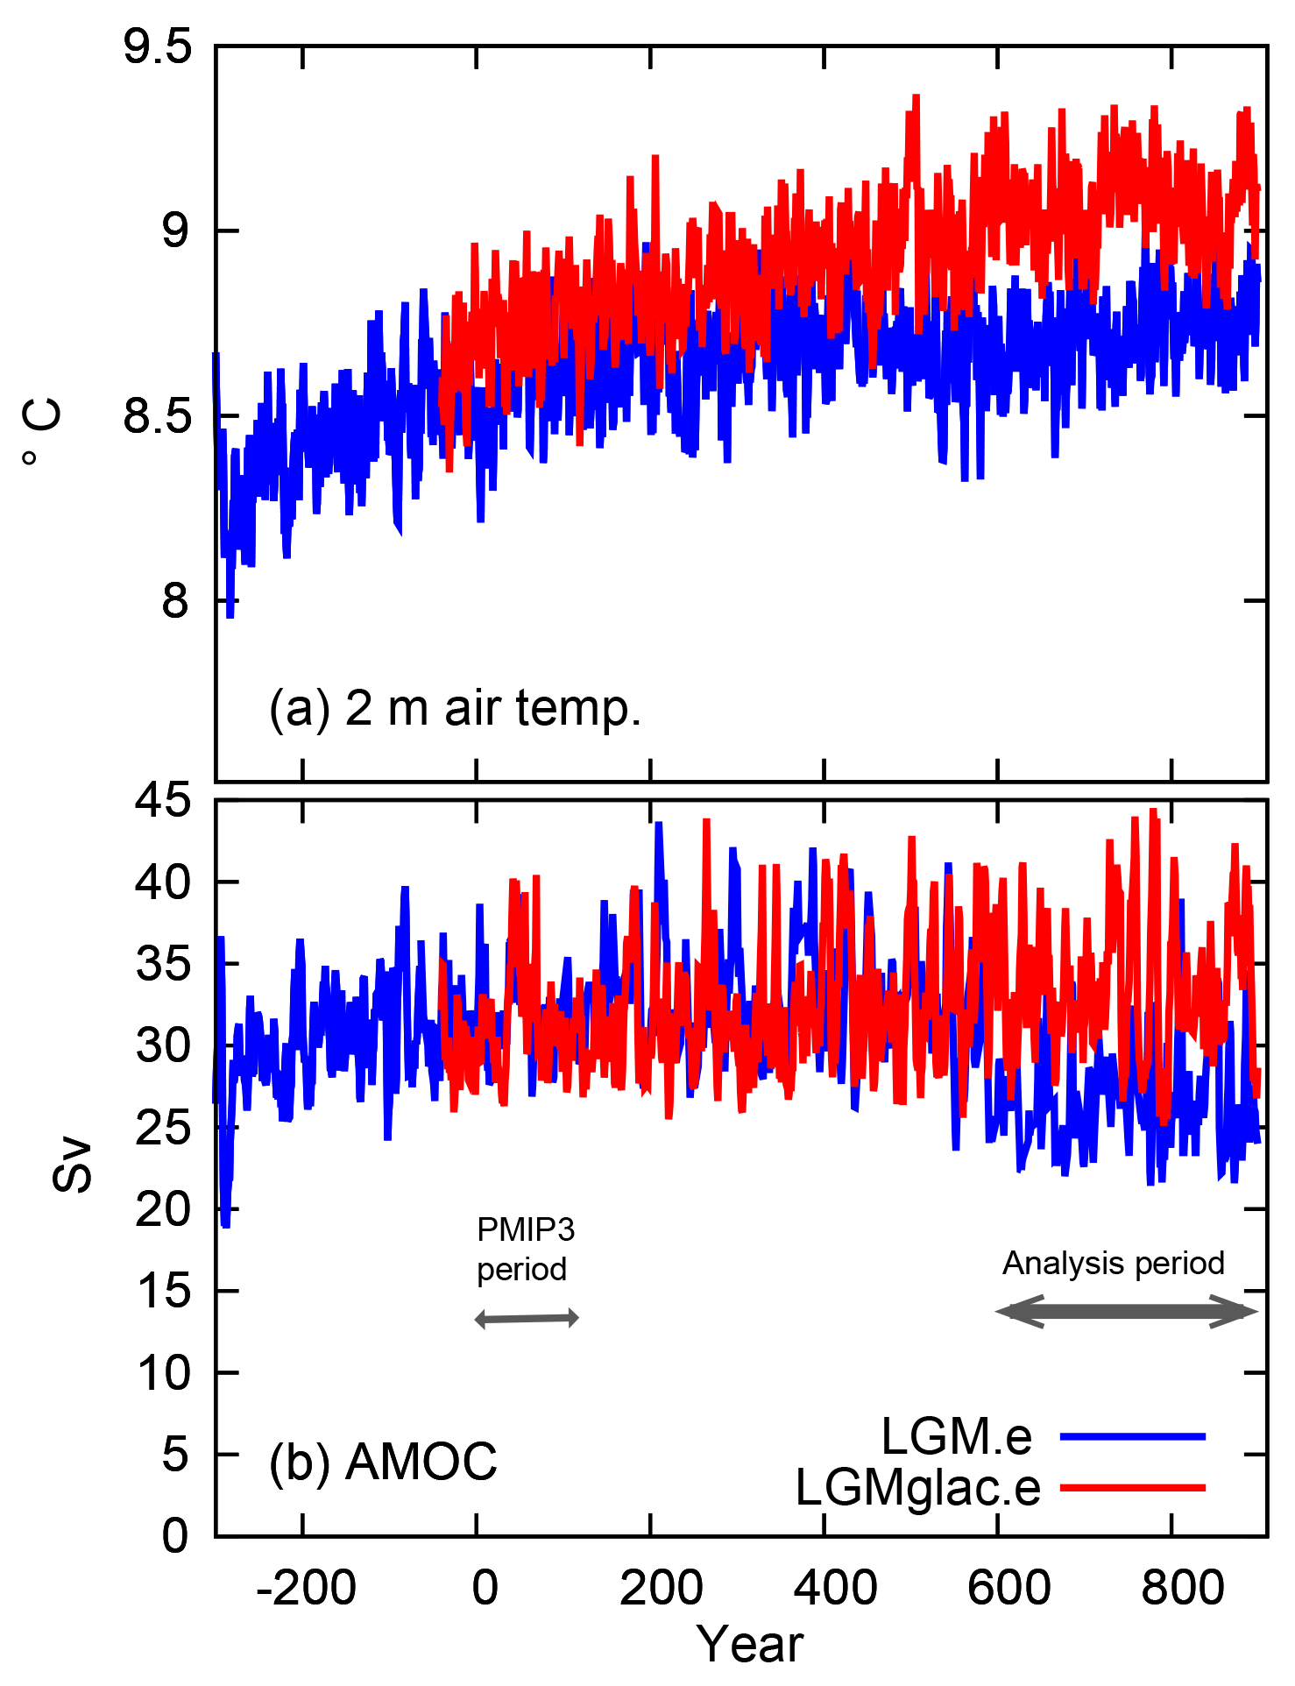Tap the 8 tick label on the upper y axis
click(x=175, y=601)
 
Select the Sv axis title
click(x=73, y=1165)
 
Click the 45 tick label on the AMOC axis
click(x=163, y=800)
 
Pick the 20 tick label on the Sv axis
click(x=163, y=1209)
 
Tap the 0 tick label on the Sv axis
click(x=175, y=1536)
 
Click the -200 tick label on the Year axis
click(x=306, y=1588)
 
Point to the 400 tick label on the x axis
click(x=835, y=1588)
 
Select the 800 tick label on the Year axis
click(x=1183, y=1588)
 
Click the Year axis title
click(x=750, y=1644)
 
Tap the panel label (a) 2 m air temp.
click(x=456, y=708)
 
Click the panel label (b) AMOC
click(x=383, y=1462)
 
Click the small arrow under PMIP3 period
click(x=527, y=1318)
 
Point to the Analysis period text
click(x=1114, y=1263)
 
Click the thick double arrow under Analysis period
click(x=1127, y=1312)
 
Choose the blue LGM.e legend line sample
click(x=1133, y=1436)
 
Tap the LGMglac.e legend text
click(x=917, y=1487)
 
